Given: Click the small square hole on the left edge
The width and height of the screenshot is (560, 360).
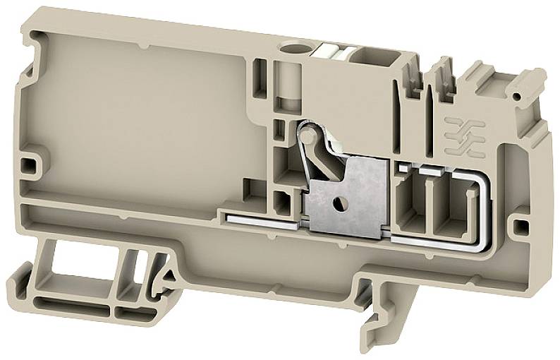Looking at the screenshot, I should (x=29, y=166).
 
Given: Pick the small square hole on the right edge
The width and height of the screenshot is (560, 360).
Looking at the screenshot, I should (x=521, y=226).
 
